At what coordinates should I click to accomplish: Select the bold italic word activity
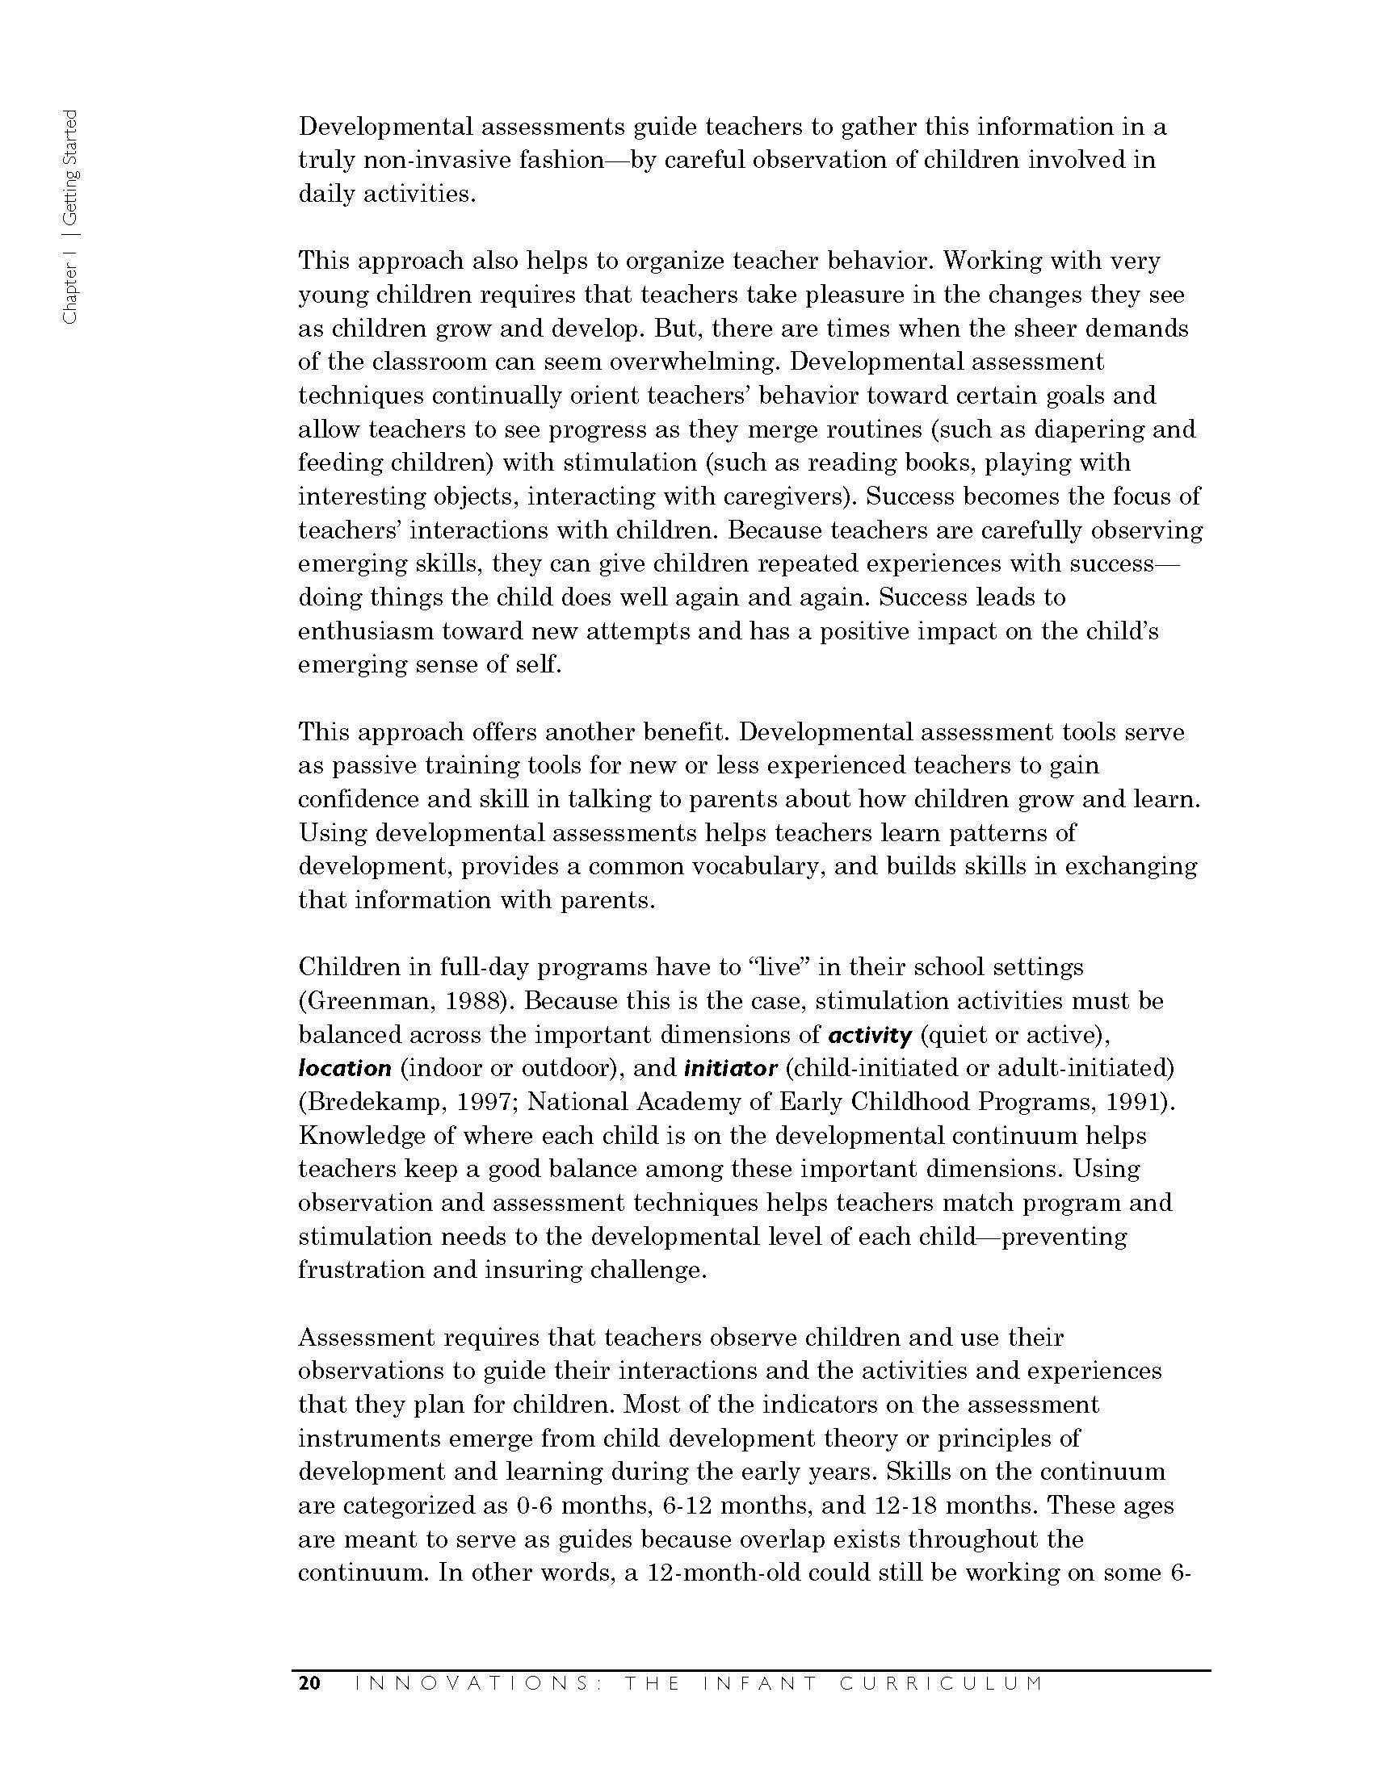[x=869, y=1035]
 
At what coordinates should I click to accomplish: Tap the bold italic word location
[x=345, y=1069]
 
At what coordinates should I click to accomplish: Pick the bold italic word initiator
[x=730, y=1068]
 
